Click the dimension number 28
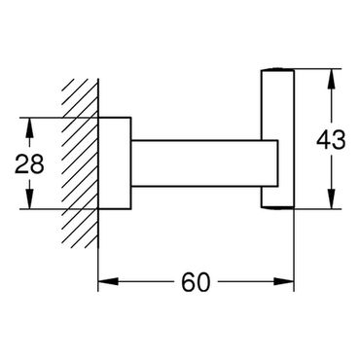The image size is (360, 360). pyautogui.click(x=29, y=163)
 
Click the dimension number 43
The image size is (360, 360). pyautogui.click(x=331, y=140)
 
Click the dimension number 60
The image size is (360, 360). pyautogui.click(x=196, y=282)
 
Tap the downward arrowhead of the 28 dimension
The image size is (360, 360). pyautogui.click(x=29, y=199)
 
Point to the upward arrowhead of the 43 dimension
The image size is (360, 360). pyautogui.click(x=331, y=79)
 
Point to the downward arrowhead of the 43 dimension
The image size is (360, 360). pyautogui.click(x=331, y=199)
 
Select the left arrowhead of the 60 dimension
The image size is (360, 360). pyautogui.click(x=108, y=281)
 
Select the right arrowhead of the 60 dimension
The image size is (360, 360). pyautogui.click(x=284, y=281)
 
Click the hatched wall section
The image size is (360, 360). pyautogui.click(x=80, y=163)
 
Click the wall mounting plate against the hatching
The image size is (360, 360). pyautogui.click(x=115, y=163)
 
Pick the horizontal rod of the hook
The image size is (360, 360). pyautogui.click(x=204, y=163)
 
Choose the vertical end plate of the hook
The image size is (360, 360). pyautogui.click(x=277, y=138)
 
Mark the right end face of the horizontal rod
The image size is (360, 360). pyautogui.click(x=278, y=163)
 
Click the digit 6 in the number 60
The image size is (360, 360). pyautogui.click(x=188, y=282)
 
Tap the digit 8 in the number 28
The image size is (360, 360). pyautogui.click(x=37, y=163)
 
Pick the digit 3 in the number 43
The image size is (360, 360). pyautogui.click(x=340, y=140)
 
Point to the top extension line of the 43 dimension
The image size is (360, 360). pyautogui.click(x=318, y=69)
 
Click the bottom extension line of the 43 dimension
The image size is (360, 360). pyautogui.click(x=318, y=209)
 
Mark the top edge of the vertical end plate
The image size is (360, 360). pyautogui.click(x=277, y=69)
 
